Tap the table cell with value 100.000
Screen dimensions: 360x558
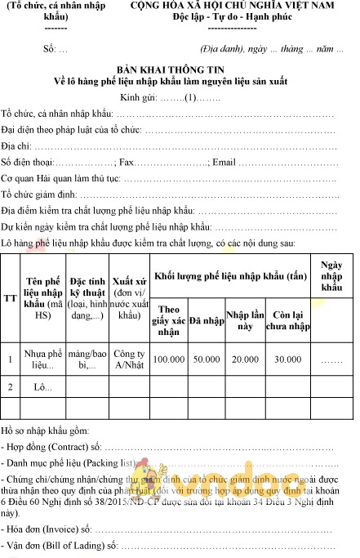[168, 359]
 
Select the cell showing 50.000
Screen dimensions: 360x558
[207, 359]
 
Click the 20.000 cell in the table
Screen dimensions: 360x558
[245, 359]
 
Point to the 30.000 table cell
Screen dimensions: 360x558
[287, 359]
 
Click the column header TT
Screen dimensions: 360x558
[10, 297]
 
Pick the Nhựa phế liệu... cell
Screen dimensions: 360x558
[44, 359]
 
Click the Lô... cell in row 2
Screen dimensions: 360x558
[44, 386]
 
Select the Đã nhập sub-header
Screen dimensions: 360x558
[207, 321]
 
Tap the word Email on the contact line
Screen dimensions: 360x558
[224, 162]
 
